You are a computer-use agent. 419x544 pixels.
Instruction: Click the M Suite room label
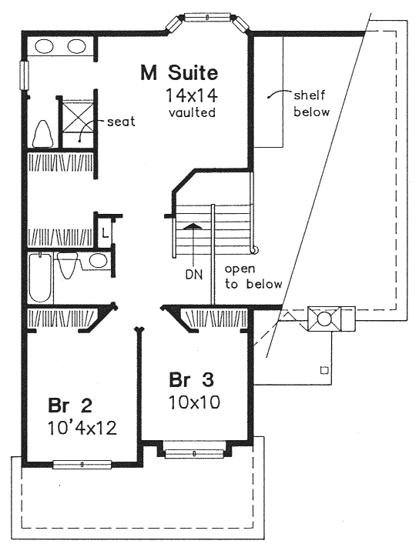coord(179,73)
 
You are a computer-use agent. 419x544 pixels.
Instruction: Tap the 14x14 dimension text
coord(192,95)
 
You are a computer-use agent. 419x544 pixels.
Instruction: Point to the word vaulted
coord(192,112)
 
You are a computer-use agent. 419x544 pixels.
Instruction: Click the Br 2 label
coord(70,405)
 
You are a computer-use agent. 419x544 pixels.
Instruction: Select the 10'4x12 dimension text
coord(82,428)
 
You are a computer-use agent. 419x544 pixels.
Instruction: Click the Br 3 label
coord(191,379)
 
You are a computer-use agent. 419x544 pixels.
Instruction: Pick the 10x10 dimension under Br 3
coord(195,402)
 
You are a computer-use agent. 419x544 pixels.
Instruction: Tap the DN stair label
coord(194,275)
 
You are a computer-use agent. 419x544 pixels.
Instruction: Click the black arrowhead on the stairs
coord(192,226)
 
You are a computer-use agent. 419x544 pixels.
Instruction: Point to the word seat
coord(121,122)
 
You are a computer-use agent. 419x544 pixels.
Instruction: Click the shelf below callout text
coord(311,103)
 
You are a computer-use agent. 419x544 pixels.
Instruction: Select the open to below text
coord(253,276)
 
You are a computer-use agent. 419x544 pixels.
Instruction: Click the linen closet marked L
coord(105,232)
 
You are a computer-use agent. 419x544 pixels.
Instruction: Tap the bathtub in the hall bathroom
coord(41,278)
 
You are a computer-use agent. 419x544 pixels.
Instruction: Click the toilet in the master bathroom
coord(42,133)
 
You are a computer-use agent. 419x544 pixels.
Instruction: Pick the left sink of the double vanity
coord(45,46)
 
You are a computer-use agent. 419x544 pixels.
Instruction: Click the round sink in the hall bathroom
coord(98,261)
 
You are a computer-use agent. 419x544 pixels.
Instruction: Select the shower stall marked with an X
coord(78,123)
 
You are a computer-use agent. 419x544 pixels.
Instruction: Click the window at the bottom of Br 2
coord(82,464)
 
